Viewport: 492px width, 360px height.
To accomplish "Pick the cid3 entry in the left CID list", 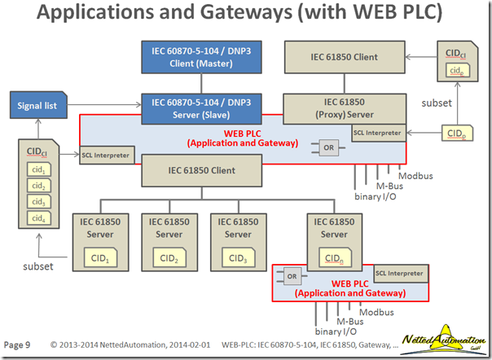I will [x=37, y=200].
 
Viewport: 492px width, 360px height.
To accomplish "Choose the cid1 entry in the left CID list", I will [x=37, y=168].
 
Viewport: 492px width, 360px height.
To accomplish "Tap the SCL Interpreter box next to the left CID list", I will [x=106, y=154].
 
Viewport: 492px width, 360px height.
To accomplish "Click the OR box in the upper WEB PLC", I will [x=328, y=148].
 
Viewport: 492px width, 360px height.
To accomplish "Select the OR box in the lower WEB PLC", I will [x=292, y=276].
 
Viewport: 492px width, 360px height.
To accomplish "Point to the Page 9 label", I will [x=18, y=345].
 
